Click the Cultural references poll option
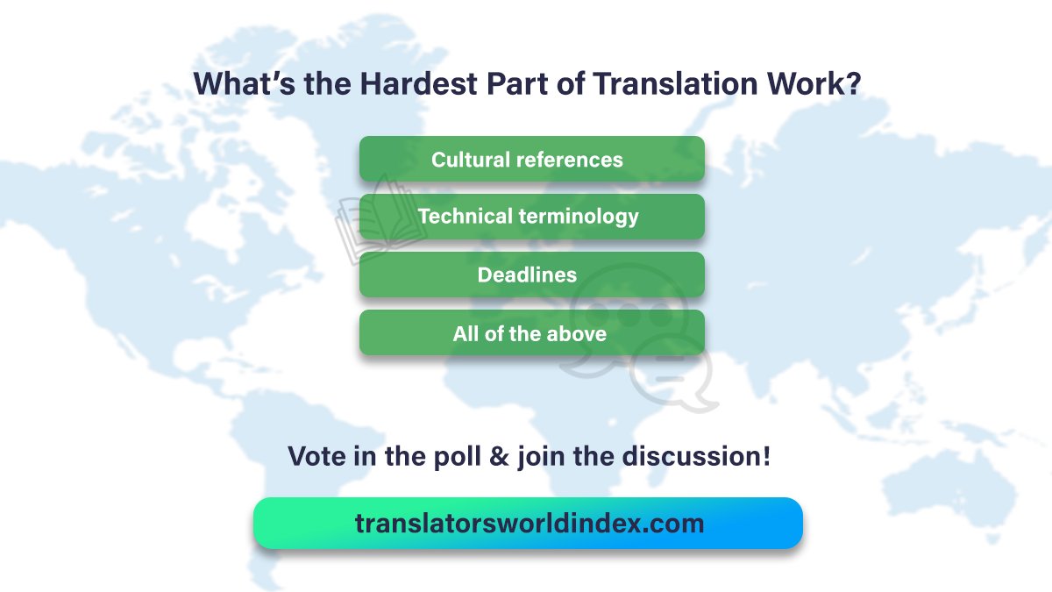[531, 160]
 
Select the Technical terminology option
[531, 217]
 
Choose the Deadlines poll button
[531, 275]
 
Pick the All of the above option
[531, 333]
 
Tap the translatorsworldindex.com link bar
[529, 524]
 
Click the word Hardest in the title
[397, 83]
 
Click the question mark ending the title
[851, 83]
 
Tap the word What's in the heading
[236, 83]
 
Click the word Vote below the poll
[317, 456]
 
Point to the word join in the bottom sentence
[543, 457]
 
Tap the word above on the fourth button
[577, 333]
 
